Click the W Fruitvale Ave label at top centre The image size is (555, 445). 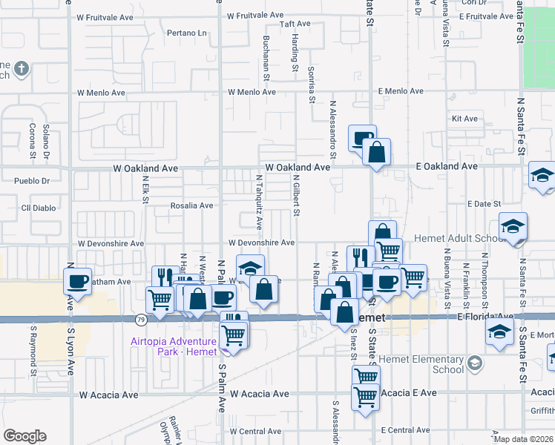255,15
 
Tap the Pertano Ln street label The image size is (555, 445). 186,33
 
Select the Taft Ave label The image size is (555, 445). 294,24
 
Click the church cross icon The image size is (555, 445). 21,70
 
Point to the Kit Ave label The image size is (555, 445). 464,119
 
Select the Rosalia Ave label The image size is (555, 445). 192,205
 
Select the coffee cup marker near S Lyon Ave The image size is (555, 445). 77,282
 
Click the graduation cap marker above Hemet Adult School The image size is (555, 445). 513,227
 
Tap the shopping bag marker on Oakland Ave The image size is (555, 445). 376,154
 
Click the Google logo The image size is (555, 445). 24,435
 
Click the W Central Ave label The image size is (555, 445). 255,431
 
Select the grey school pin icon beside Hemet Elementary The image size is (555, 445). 474,363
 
